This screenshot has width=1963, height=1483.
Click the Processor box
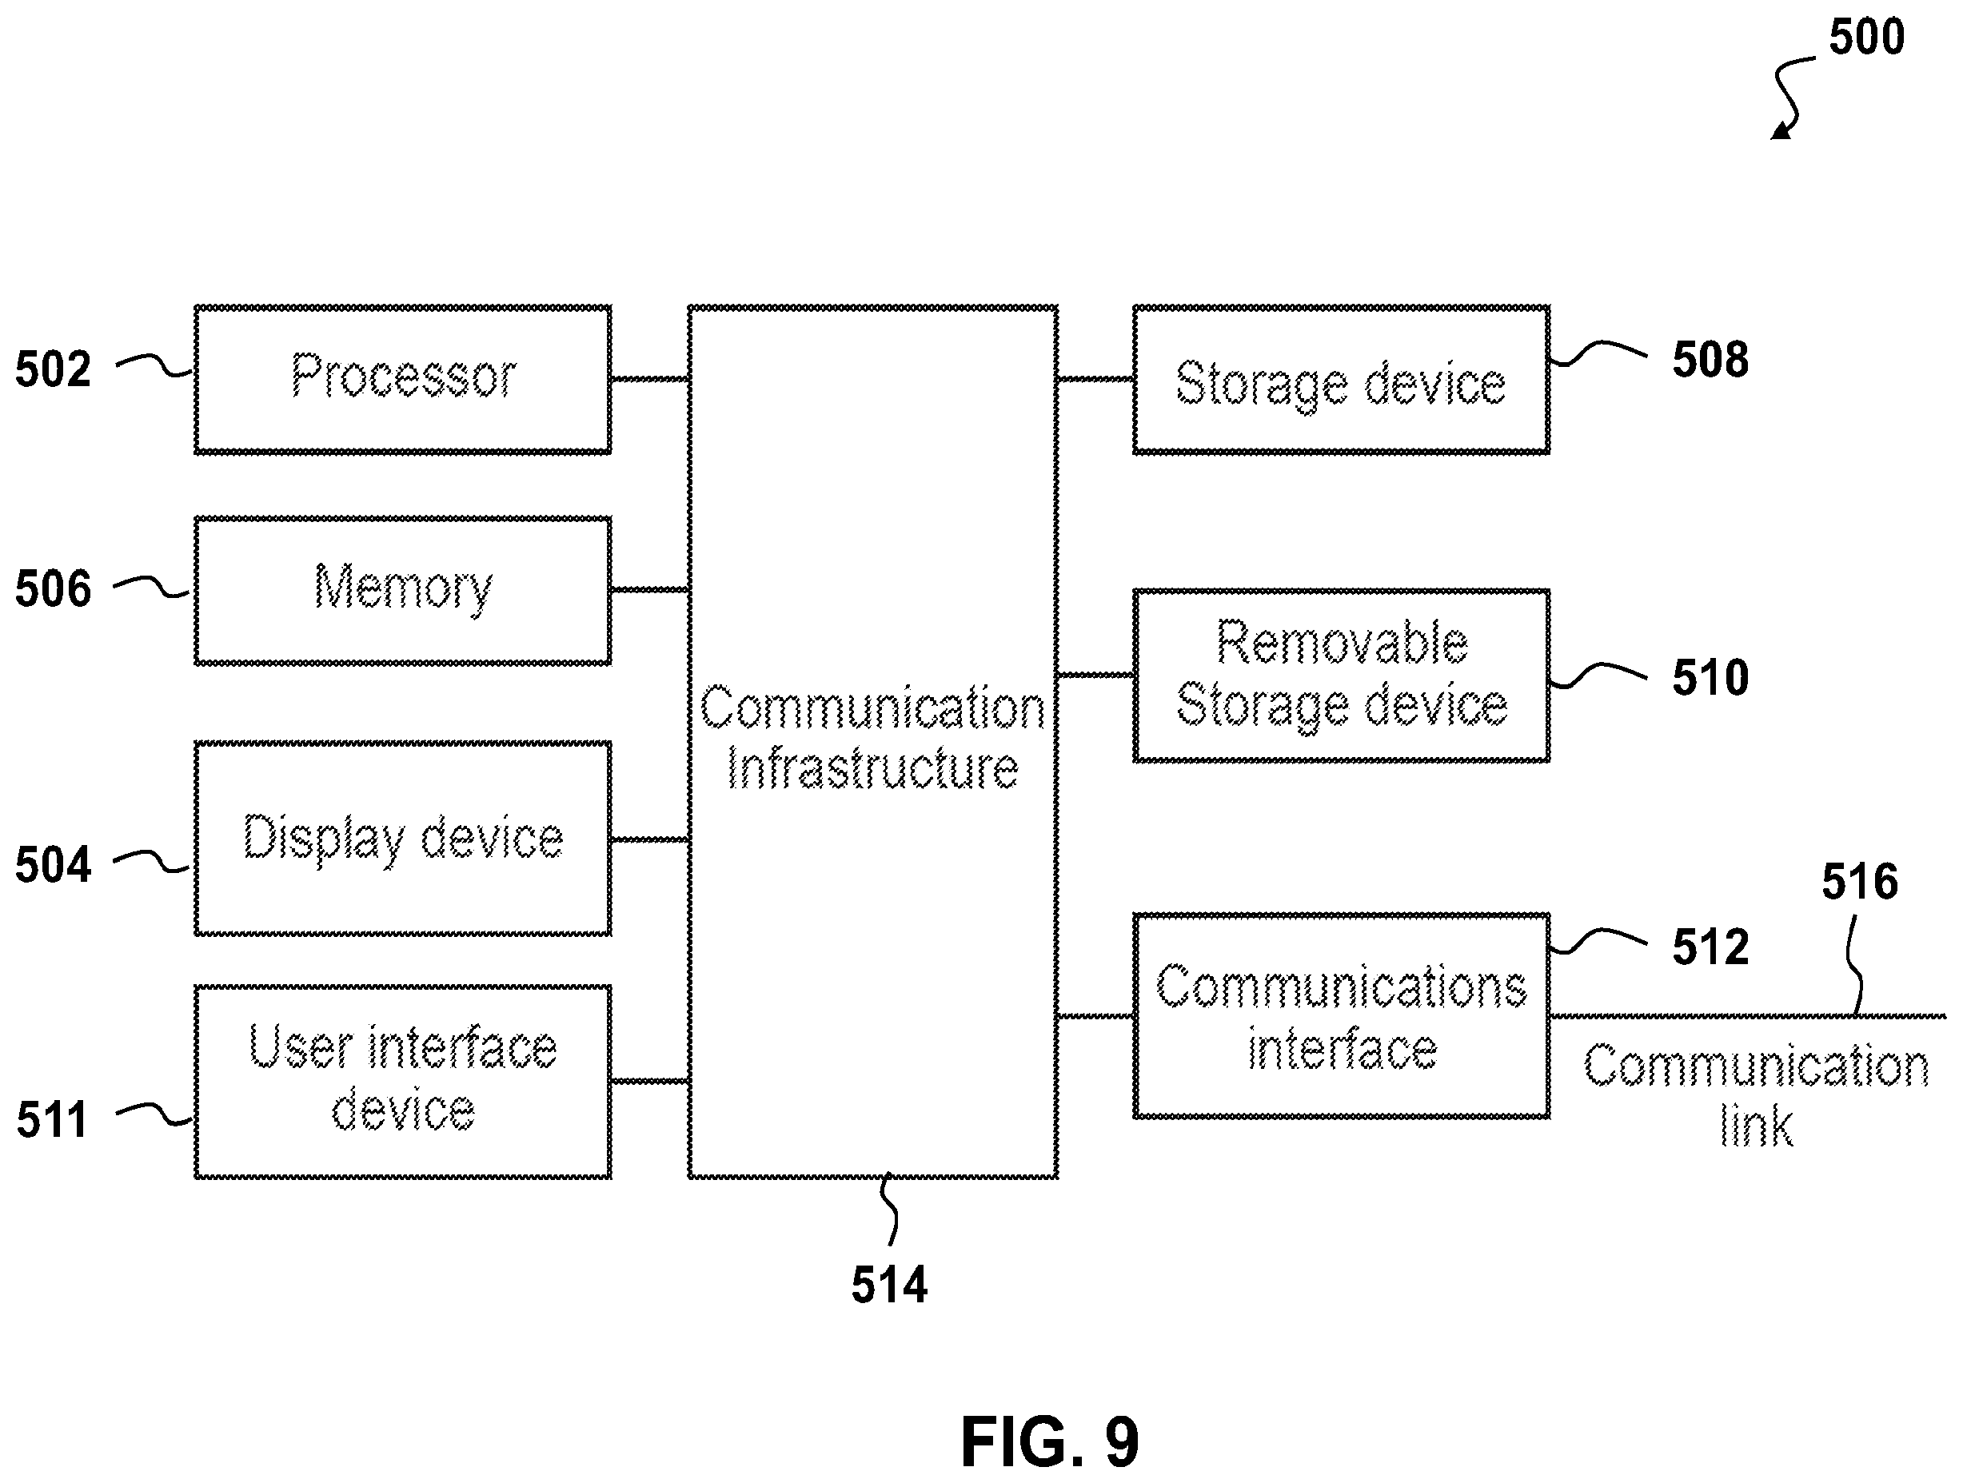(x=403, y=380)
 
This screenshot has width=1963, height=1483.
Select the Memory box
(x=403, y=591)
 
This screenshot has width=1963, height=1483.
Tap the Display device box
(x=403, y=839)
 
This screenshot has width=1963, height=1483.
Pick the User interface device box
(x=403, y=1082)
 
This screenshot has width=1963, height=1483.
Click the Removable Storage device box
(x=1342, y=676)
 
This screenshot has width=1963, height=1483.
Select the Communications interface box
(x=1342, y=1016)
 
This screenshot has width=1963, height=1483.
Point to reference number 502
(x=54, y=369)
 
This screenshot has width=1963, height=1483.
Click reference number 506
(x=54, y=589)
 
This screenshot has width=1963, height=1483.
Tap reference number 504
(x=54, y=864)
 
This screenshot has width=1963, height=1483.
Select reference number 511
(x=52, y=1120)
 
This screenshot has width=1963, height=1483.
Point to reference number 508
(x=1711, y=360)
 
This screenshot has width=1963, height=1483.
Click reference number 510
(x=1711, y=677)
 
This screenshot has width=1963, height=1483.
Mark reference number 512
(x=1711, y=947)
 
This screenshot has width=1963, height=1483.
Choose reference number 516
(x=1860, y=881)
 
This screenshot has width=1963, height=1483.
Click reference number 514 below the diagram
(x=889, y=1284)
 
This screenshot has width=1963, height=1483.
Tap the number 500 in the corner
(x=1867, y=37)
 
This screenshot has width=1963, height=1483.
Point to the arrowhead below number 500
(x=1778, y=132)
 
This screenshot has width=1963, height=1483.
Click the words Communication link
(x=1756, y=1095)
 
